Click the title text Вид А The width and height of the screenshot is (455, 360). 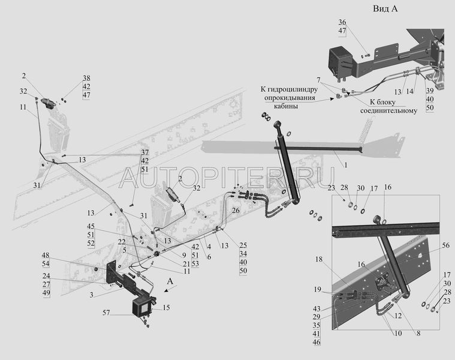point(385,8)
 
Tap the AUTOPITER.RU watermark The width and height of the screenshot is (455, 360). point(227,175)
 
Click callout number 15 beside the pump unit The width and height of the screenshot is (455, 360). point(166,308)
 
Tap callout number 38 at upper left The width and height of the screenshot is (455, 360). point(86,79)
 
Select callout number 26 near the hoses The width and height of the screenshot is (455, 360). point(236,211)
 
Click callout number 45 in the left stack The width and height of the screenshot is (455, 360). point(91,226)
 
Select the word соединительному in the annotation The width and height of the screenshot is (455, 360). point(388,110)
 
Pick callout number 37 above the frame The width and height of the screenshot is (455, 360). point(145,152)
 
